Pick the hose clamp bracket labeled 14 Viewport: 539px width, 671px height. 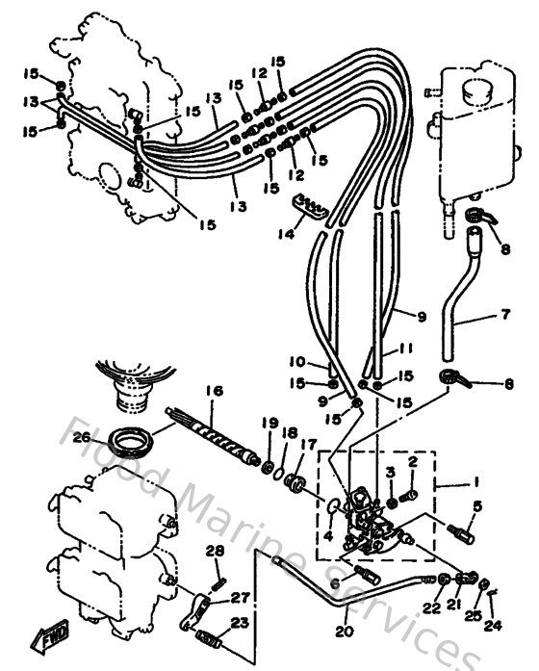(307, 204)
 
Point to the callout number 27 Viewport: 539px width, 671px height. (239, 597)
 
